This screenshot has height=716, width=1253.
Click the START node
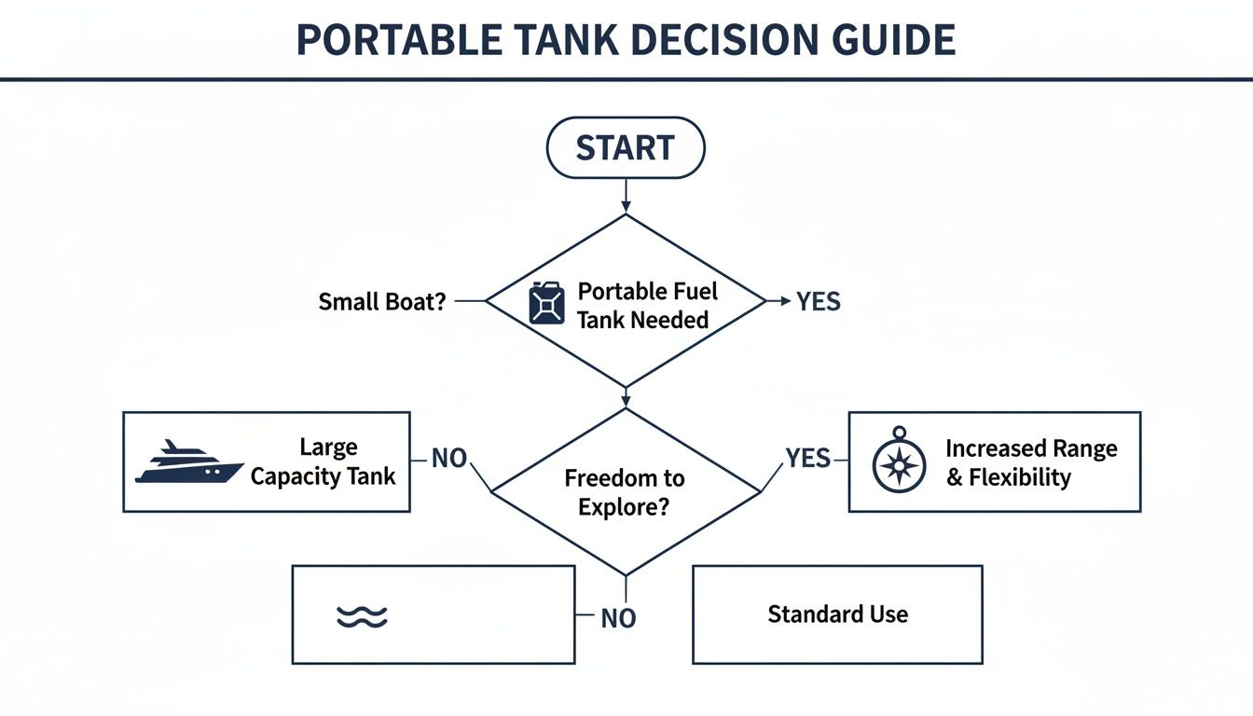(625, 147)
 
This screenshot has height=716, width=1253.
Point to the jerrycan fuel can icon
(546, 303)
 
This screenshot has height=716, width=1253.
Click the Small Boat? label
(382, 302)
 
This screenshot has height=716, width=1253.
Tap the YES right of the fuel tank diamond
(818, 302)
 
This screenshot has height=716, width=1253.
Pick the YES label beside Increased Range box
(807, 458)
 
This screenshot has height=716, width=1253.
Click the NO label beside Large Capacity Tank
(448, 458)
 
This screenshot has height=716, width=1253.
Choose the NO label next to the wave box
(618, 618)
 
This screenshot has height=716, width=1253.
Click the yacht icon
(188, 462)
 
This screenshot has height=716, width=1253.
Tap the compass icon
(899, 463)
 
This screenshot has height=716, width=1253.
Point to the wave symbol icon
(361, 616)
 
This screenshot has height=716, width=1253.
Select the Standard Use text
(837, 614)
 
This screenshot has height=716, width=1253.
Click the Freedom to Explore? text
(624, 492)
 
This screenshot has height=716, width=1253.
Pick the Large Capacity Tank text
(323, 461)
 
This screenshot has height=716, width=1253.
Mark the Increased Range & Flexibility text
(1031, 462)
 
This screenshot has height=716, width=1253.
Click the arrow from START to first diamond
(625, 196)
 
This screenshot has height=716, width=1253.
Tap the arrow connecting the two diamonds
(625, 396)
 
